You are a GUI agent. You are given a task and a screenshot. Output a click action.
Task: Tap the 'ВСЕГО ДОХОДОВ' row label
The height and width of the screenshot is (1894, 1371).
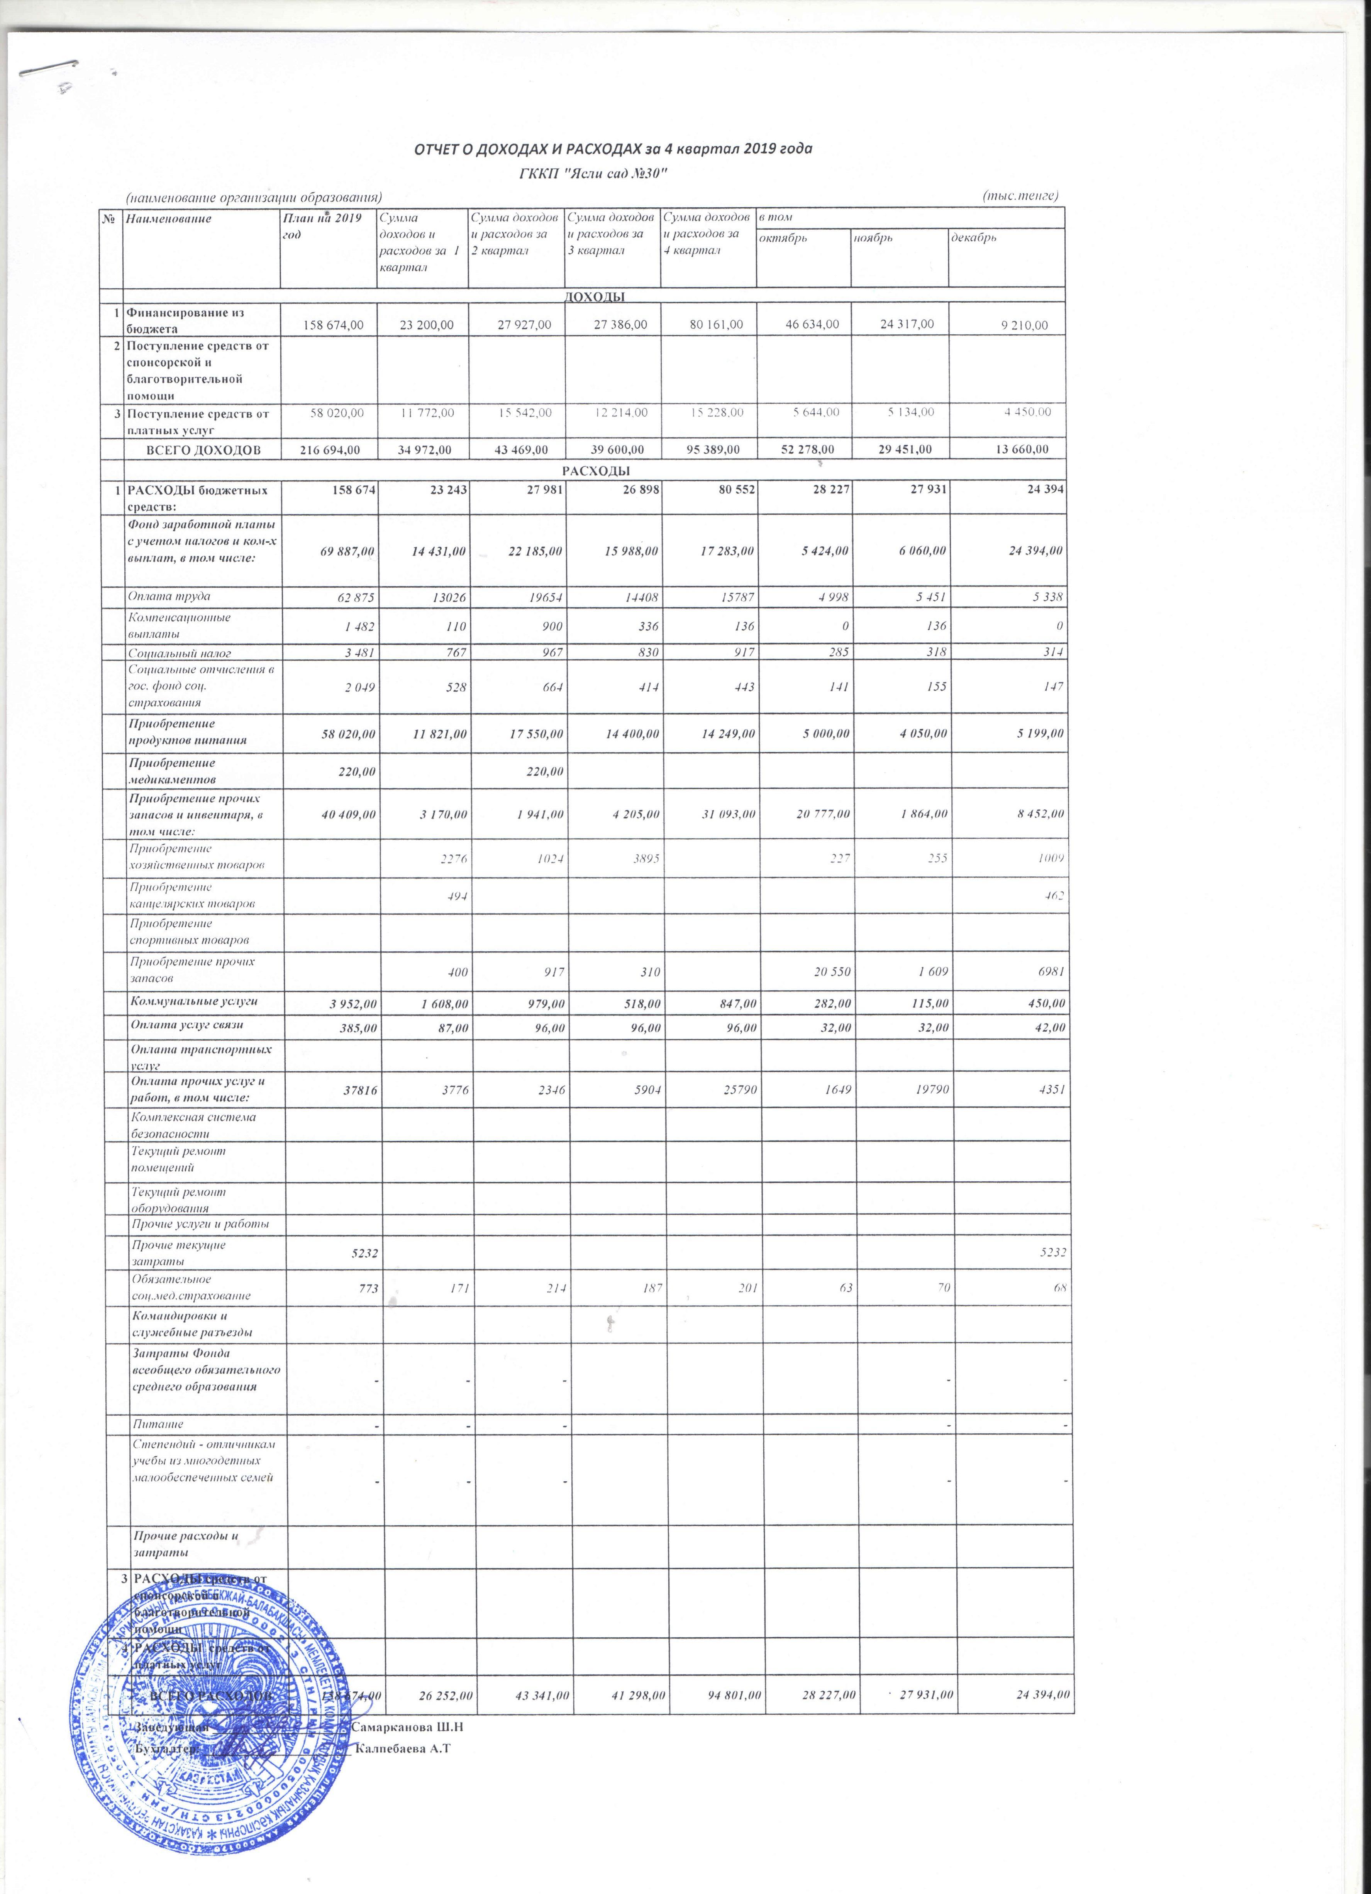point(203,449)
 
